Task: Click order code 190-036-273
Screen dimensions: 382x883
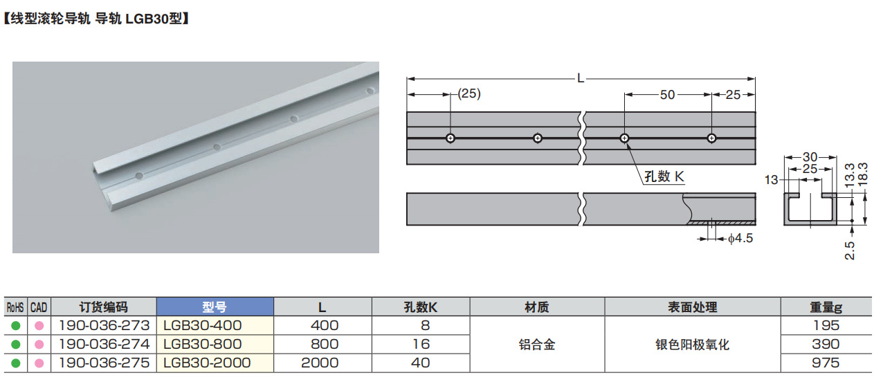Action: coord(104,325)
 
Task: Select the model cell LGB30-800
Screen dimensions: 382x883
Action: coord(202,344)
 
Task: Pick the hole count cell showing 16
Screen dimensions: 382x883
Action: coord(420,344)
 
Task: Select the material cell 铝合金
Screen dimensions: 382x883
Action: coord(536,344)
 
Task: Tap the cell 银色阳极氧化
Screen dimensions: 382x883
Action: coord(692,344)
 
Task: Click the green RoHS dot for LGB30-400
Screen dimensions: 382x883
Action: coord(15,325)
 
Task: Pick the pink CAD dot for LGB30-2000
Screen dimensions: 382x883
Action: coord(39,363)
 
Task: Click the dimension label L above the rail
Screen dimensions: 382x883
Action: coord(581,78)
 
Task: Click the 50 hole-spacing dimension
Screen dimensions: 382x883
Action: coord(667,95)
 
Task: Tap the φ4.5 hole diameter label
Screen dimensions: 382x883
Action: coord(739,239)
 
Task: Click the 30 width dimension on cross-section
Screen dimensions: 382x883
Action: coord(810,157)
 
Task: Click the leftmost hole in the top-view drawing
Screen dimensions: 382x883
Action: coord(450,138)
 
